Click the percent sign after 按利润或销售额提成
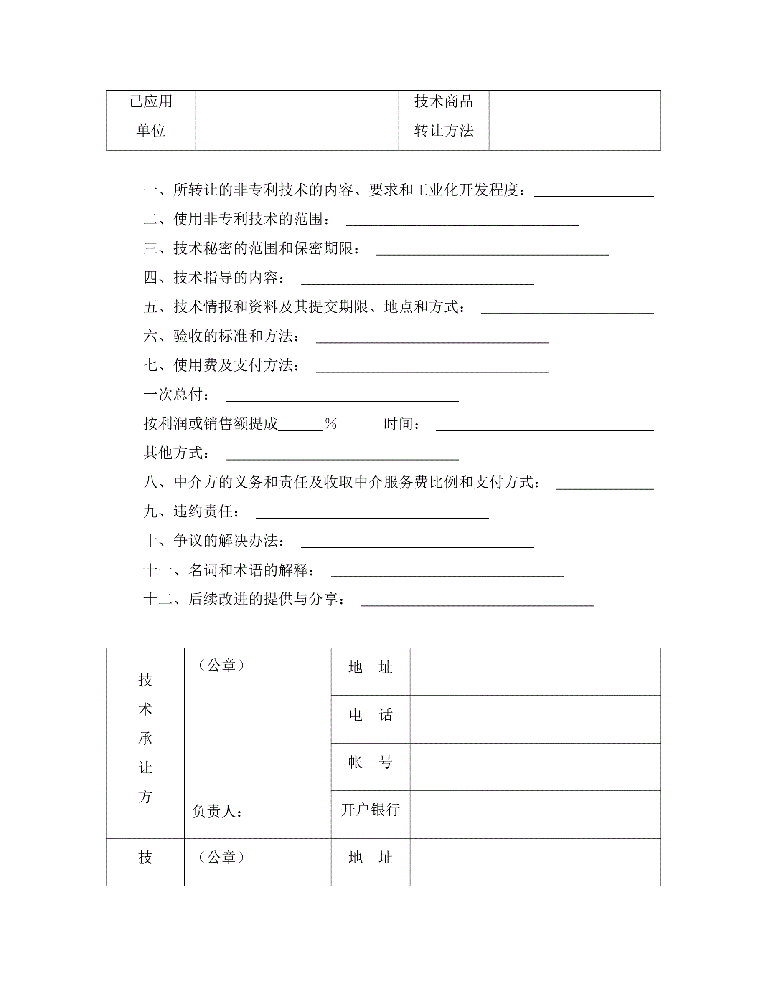point(330,424)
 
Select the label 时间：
point(402,424)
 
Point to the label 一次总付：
point(177,394)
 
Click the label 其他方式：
point(177,453)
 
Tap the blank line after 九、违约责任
point(372,517)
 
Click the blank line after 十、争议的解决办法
point(417,546)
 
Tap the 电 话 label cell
point(370,715)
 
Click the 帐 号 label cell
point(370,763)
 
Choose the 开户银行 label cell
point(370,810)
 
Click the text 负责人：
point(217,811)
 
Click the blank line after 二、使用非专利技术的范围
point(462,224)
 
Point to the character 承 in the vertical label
point(145,739)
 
